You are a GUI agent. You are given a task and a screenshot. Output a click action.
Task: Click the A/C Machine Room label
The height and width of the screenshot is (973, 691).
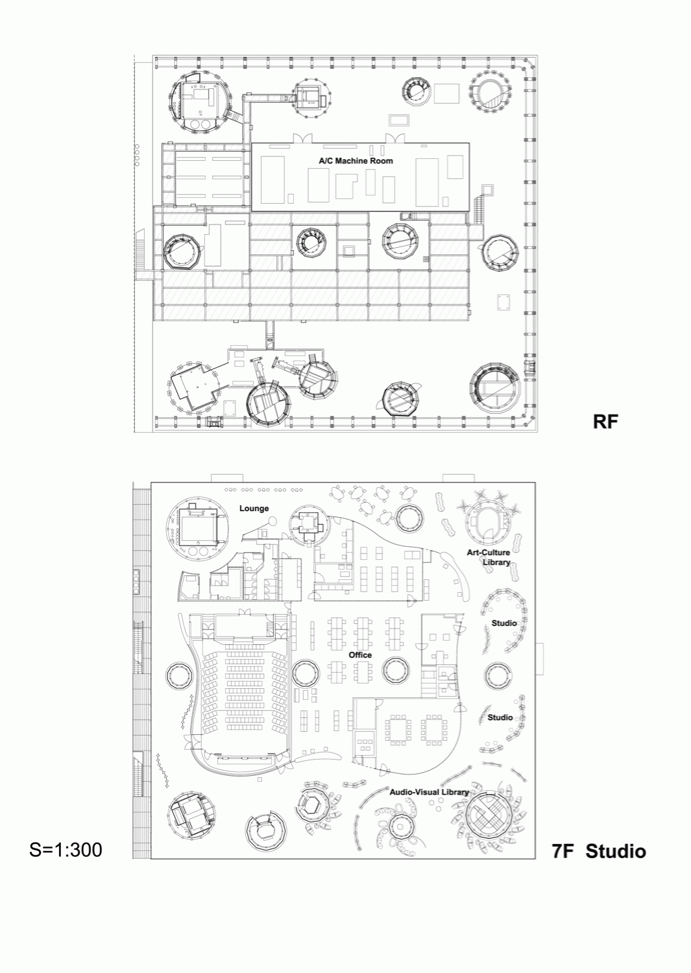click(x=356, y=161)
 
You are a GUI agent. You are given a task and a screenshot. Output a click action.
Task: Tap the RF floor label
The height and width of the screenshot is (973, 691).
click(x=605, y=422)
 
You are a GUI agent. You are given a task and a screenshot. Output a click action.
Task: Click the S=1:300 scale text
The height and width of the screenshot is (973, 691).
click(x=66, y=850)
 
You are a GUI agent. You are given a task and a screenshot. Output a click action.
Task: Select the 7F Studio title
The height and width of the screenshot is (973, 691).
click(x=599, y=851)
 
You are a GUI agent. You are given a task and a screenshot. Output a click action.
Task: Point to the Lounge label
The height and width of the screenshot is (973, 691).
click(x=254, y=508)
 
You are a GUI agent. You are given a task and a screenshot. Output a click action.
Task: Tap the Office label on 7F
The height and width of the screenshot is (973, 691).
click(x=360, y=655)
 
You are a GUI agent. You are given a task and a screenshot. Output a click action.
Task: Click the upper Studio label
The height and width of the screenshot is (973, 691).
click(x=504, y=623)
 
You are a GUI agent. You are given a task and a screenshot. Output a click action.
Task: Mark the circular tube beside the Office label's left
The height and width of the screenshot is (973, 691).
click(x=307, y=674)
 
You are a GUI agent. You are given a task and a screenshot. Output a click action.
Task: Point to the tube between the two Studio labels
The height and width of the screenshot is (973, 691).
click(x=498, y=676)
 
